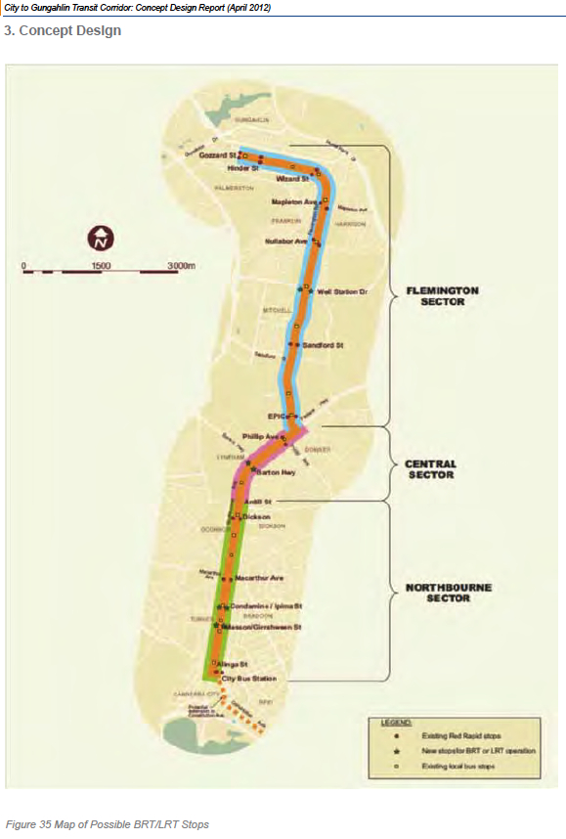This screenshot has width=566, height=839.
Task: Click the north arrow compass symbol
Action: [102, 237]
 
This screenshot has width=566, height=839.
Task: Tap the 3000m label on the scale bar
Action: [182, 265]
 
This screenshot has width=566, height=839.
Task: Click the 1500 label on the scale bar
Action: [102, 265]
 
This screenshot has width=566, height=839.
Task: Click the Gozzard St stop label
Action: [212, 155]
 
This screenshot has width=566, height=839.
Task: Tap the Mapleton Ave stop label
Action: [295, 202]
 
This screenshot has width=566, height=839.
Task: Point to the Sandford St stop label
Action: [320, 345]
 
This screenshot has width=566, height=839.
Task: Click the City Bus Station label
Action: [249, 678]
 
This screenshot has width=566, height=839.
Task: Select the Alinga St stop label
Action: [226, 664]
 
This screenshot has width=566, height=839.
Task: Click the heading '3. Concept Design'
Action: [63, 31]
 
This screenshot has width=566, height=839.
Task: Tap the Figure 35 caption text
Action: [108, 824]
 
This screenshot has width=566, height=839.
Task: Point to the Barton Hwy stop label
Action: [276, 471]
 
